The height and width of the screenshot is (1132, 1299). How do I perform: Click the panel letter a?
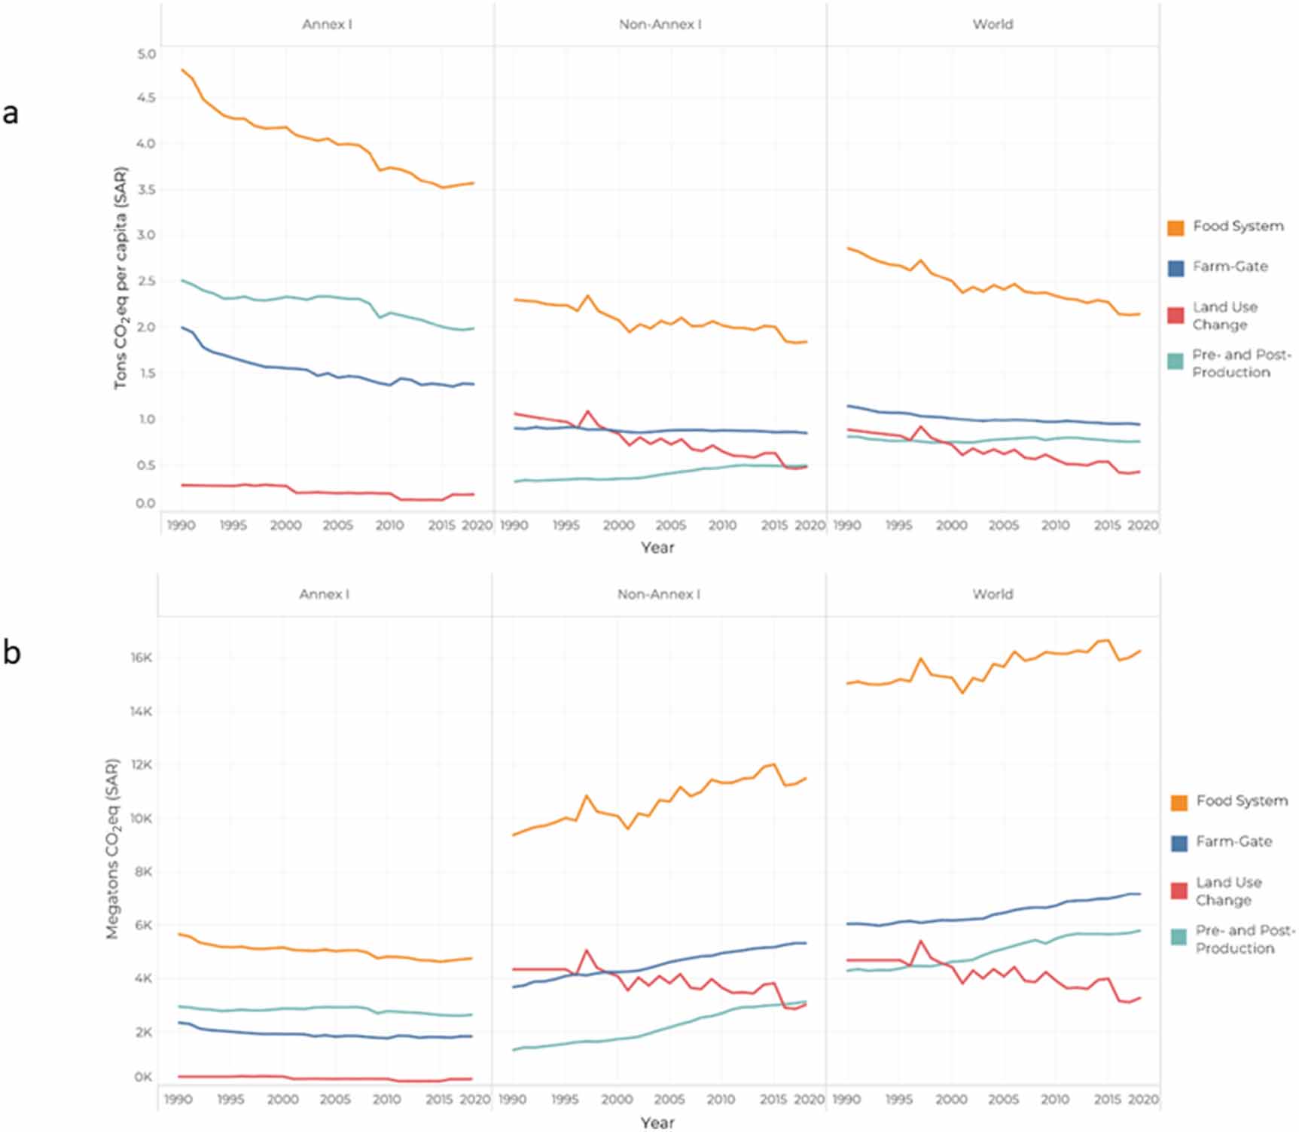[11, 113]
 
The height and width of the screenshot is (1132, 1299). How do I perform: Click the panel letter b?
[11, 652]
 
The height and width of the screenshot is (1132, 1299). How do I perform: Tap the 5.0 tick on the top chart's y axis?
[147, 54]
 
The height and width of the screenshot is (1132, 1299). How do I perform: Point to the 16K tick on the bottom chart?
[142, 658]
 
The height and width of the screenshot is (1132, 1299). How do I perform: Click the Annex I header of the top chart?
[327, 24]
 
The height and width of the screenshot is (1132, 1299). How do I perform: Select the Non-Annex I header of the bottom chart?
[658, 594]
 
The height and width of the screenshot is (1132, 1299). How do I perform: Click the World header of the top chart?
[993, 24]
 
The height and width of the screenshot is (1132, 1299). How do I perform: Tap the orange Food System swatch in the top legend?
[1176, 227]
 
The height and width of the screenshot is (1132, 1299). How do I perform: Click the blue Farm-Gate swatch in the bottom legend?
[1179, 843]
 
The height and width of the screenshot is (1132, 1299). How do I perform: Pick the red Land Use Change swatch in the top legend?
[1176, 316]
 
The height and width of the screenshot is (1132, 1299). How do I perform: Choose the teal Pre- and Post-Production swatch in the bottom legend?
[1179, 937]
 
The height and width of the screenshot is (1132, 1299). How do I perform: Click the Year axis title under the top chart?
[657, 548]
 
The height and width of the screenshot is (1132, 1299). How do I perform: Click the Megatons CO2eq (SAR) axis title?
[112, 849]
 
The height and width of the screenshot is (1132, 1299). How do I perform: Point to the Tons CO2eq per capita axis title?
[120, 278]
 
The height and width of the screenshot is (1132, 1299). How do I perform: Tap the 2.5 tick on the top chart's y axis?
[147, 282]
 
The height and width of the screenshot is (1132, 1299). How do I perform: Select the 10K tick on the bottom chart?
[142, 819]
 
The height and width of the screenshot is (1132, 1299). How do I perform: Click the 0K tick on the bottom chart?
[143, 1077]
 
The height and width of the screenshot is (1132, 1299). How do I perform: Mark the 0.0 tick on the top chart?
[147, 503]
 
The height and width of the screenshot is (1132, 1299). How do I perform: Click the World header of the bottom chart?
[993, 594]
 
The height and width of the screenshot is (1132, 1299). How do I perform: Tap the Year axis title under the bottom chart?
[657, 1122]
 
